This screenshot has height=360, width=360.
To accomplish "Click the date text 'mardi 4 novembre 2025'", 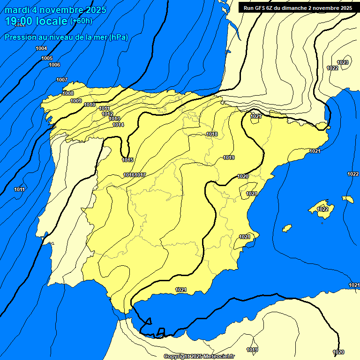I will [x=55, y=10].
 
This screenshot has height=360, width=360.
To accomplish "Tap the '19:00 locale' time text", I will [x=36, y=21].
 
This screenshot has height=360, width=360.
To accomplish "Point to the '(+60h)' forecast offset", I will [x=81, y=21].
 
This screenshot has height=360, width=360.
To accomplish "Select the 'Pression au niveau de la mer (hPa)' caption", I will [x=66, y=37].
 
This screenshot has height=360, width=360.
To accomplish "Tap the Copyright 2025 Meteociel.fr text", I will [x=199, y=356].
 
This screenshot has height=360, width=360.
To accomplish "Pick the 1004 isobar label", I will [x=41, y=49].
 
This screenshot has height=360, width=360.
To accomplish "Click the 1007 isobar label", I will [x=62, y=80].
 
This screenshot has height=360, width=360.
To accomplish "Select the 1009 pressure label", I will [x=76, y=101].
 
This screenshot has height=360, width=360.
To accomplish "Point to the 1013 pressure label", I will [x=114, y=119].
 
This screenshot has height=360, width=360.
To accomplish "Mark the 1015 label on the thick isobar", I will [x=127, y=160].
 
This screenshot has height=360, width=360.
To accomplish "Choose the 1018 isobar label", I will [x=212, y=134].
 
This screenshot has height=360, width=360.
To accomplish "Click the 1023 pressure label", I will [x=343, y=62].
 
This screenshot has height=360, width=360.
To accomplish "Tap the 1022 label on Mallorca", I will [x=322, y=209].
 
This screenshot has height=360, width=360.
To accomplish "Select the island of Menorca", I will [x=348, y=199].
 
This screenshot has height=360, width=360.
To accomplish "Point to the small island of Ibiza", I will [x=287, y=228].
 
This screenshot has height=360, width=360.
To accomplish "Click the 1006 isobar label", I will [x=54, y=65].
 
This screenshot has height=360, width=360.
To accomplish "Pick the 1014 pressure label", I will [x=118, y=125].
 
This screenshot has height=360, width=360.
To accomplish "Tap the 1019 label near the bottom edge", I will [x=252, y=350].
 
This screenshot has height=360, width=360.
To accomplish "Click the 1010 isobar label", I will [x=90, y=105].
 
